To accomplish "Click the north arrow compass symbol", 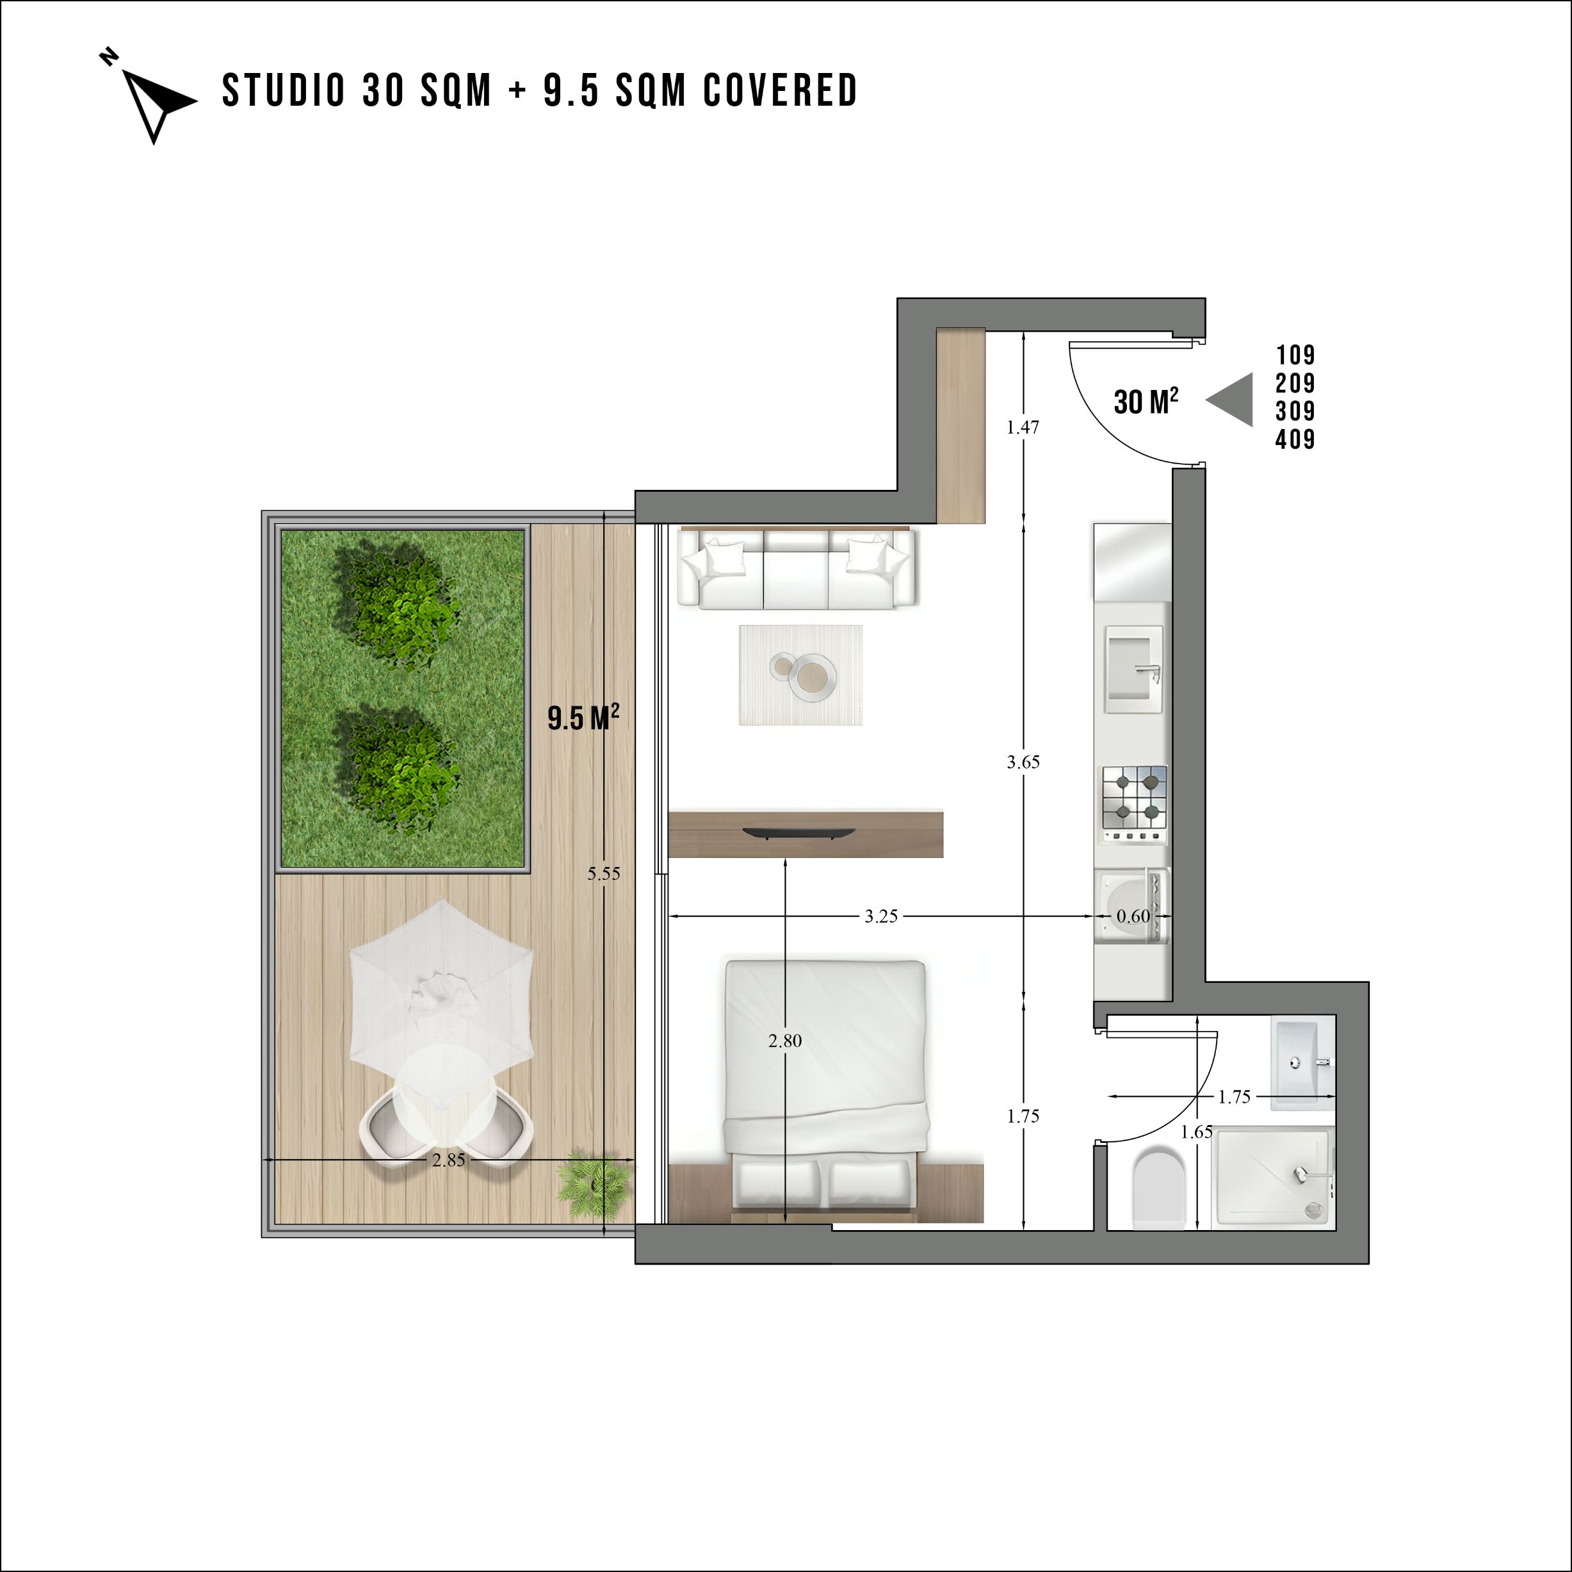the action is pyautogui.click(x=154, y=102).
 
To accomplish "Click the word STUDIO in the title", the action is pyautogui.click(x=284, y=90).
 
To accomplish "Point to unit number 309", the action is pyautogui.click(x=1295, y=411).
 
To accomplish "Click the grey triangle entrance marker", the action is pyautogui.click(x=1230, y=400).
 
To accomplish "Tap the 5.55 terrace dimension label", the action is pyautogui.click(x=604, y=874).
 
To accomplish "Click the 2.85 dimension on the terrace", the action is pyautogui.click(x=448, y=1160).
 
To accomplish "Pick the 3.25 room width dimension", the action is pyautogui.click(x=881, y=916).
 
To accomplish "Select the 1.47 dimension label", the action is pyautogui.click(x=1023, y=427).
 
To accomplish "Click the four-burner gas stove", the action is pyautogui.click(x=1134, y=804).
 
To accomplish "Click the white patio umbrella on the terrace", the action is pyautogui.click(x=442, y=1004).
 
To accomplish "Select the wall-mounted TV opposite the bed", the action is pyautogui.click(x=798, y=831).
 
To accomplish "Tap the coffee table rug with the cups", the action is pyautogui.click(x=800, y=674).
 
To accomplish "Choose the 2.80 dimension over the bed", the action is pyautogui.click(x=785, y=1041).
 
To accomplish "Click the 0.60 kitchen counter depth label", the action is pyautogui.click(x=1133, y=916).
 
